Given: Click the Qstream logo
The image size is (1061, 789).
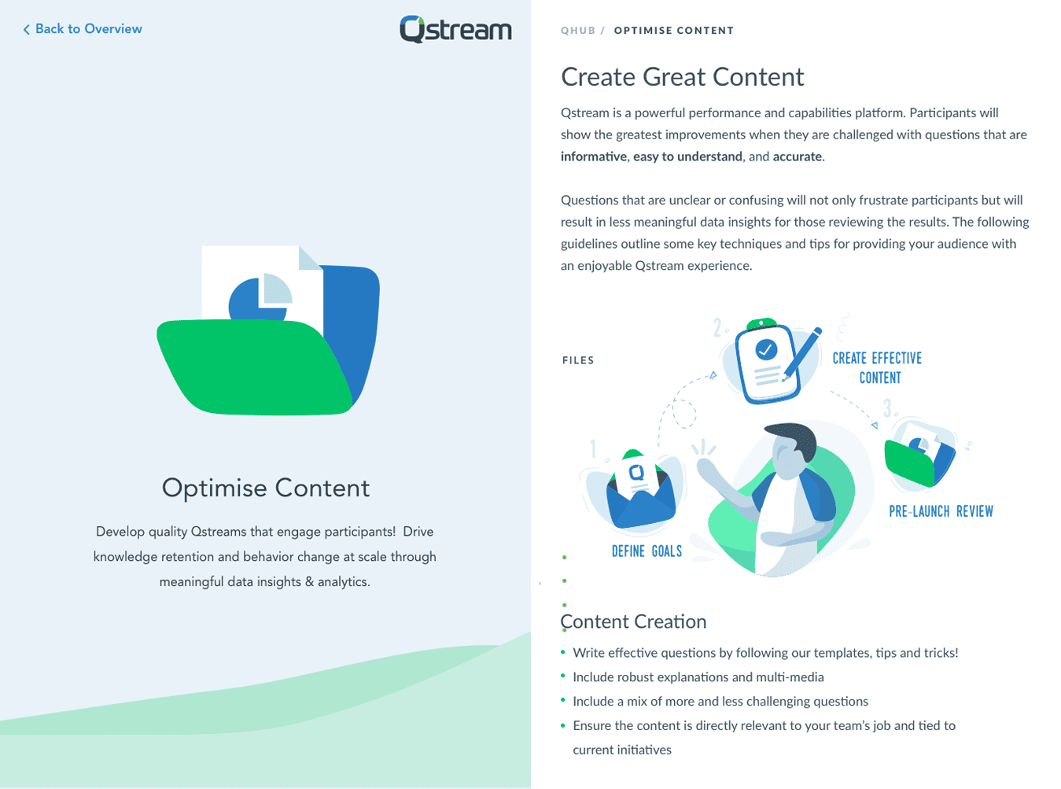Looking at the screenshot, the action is click(455, 30).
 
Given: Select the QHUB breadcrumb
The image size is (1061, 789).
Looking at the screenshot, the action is click(577, 31).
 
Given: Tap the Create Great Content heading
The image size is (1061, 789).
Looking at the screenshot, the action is click(682, 77).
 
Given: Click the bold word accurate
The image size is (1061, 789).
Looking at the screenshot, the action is click(797, 157).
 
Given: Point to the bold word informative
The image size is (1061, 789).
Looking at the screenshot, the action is click(593, 157).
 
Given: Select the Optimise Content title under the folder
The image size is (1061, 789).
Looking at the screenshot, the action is click(266, 488).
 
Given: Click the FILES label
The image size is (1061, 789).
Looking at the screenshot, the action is click(578, 360).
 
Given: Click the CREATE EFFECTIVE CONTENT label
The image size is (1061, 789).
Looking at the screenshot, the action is click(878, 368).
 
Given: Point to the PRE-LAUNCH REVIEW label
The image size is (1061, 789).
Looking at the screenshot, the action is click(941, 511).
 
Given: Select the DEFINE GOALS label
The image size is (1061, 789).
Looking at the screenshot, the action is click(647, 551).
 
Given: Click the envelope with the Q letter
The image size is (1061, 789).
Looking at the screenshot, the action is click(640, 492).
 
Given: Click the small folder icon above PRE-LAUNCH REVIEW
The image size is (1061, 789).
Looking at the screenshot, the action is click(918, 458).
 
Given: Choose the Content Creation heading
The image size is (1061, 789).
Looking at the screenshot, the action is click(634, 621).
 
